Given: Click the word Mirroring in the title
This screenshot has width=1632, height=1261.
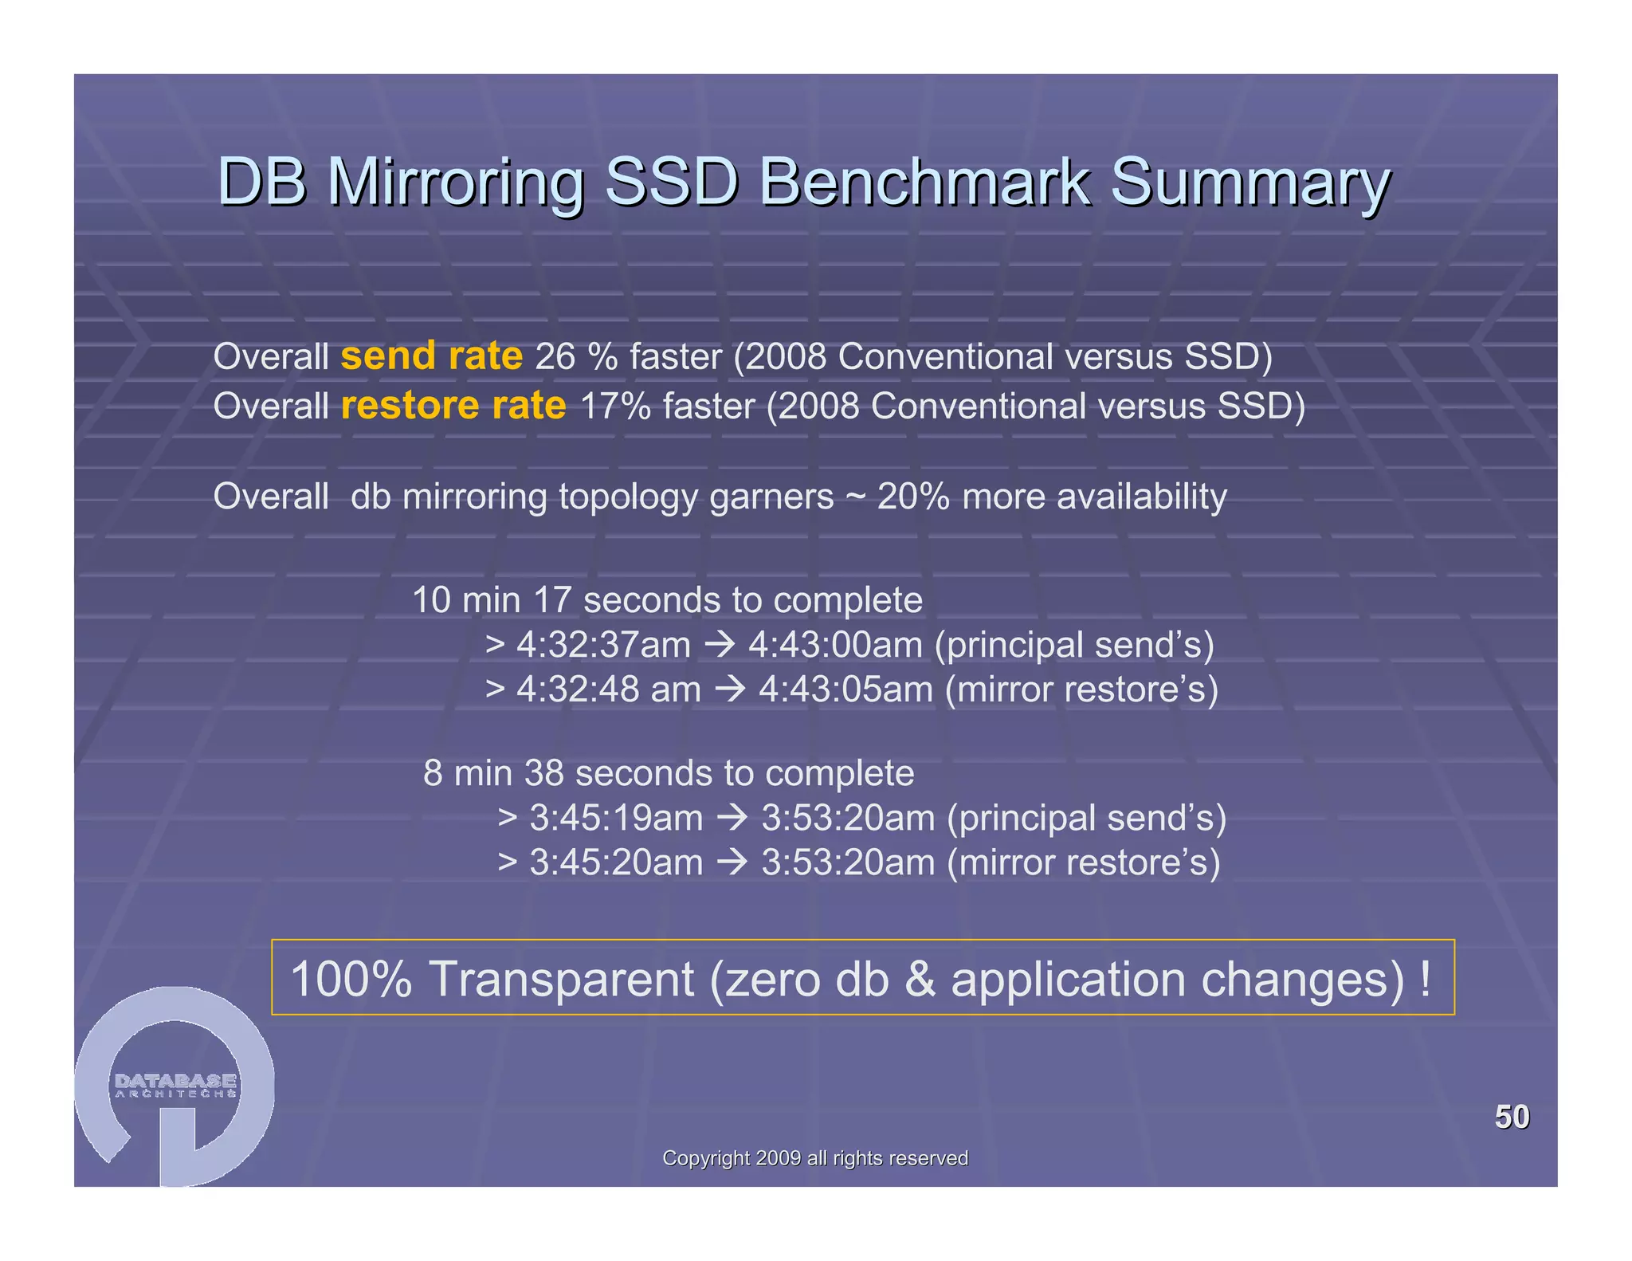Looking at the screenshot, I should click(456, 182).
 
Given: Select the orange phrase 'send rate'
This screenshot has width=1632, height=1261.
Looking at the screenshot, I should click(431, 356).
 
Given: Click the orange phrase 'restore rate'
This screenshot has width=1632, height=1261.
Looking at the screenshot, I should click(453, 406).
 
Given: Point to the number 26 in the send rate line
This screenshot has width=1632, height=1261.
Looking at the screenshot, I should click(555, 356).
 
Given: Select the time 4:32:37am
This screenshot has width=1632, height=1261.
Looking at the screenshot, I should click(603, 645).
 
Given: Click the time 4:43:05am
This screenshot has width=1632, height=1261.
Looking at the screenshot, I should click(845, 689).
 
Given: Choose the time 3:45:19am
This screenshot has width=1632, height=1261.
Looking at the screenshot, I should click(616, 818).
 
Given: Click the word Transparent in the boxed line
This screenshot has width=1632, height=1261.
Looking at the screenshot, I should click(561, 979).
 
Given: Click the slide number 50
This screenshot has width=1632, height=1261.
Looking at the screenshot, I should click(1512, 1117).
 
